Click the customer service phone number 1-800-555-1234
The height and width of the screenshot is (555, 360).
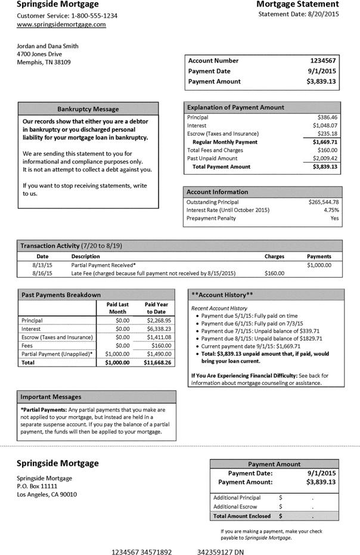[x=91, y=15]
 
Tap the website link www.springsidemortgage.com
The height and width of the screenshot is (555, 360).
[x=61, y=25]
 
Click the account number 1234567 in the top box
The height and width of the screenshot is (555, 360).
[x=324, y=61]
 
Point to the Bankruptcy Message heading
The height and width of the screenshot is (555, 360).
[x=88, y=109]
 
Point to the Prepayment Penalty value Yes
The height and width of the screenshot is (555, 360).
[x=334, y=219]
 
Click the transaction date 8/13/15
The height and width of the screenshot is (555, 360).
[x=42, y=265]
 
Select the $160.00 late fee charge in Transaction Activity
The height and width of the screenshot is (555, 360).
[x=274, y=273]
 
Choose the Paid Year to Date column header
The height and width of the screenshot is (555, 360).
[x=155, y=308]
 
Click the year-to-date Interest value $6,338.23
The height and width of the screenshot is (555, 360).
[x=158, y=328]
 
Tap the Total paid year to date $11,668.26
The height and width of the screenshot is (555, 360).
[x=156, y=362]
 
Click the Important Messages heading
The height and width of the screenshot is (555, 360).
[x=51, y=397]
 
